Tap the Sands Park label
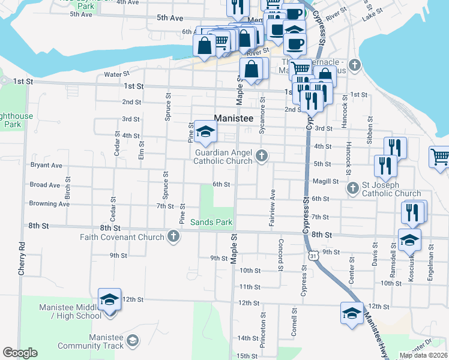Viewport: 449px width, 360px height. point(211,222)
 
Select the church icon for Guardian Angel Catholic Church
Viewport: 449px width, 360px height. point(261,156)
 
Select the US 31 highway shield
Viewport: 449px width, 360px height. point(313,256)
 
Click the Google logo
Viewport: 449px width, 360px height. point(20,353)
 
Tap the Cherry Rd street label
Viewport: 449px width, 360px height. point(22,259)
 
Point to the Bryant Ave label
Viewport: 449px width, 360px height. point(46,165)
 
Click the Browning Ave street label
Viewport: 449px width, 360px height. point(49,203)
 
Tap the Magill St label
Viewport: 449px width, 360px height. point(325,181)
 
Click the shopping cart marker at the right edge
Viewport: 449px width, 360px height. point(440,158)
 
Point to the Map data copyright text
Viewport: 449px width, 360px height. point(423,355)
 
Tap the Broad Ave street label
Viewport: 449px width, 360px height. point(45,185)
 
